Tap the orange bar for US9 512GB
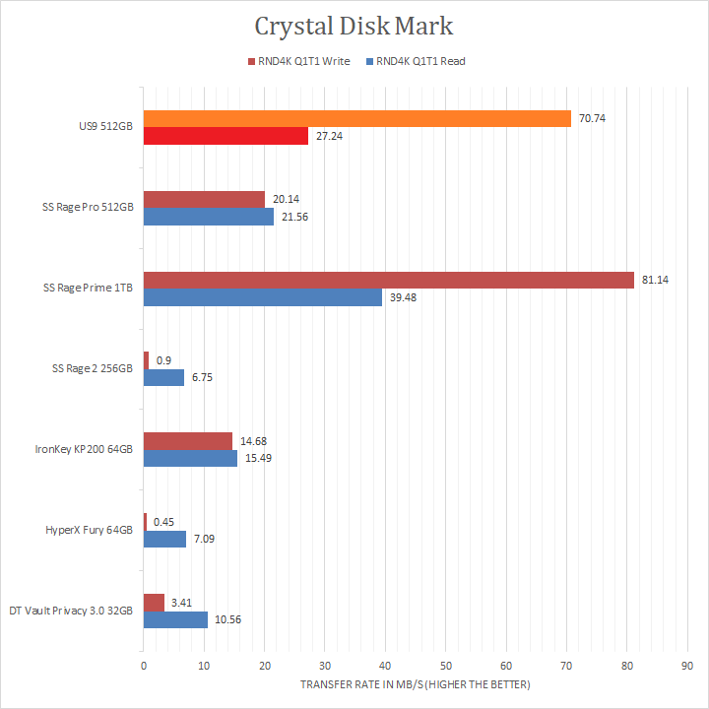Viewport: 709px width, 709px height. pyautogui.click(x=356, y=119)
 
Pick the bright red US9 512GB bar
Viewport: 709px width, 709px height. pyautogui.click(x=226, y=137)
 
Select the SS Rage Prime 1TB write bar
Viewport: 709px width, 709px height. pyautogui.click(x=388, y=281)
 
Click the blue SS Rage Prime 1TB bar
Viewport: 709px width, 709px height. pyautogui.click(x=263, y=297)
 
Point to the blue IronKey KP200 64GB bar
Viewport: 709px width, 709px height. pyautogui.click(x=190, y=459)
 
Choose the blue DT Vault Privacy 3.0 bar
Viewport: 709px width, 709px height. pyautogui.click(x=175, y=620)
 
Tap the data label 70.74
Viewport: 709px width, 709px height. pyautogui.click(x=593, y=119)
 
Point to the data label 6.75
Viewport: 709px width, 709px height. pyautogui.click(x=203, y=378)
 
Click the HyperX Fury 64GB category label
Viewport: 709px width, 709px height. pyautogui.click(x=90, y=530)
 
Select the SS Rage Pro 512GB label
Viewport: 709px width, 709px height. pyautogui.click(x=89, y=208)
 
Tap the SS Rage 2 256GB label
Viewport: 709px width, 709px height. pyautogui.click(x=93, y=368)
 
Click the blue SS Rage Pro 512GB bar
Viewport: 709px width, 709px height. pyautogui.click(x=209, y=217)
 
